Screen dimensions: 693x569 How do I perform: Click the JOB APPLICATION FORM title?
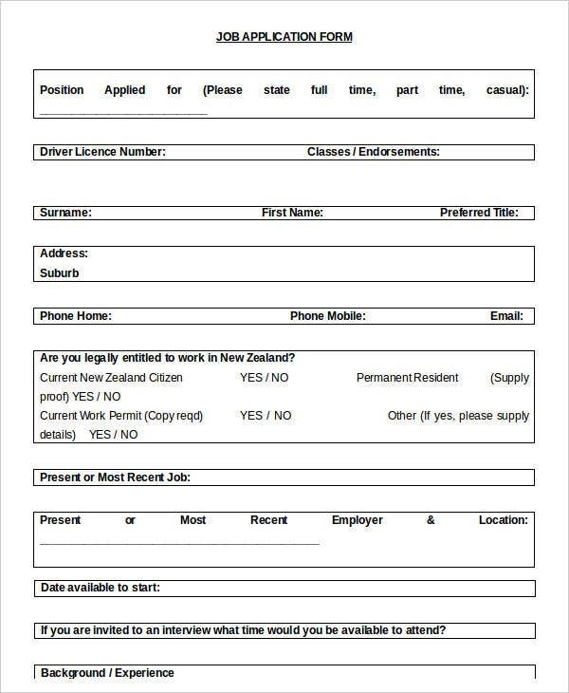click(284, 37)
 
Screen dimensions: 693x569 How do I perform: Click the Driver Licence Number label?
click(102, 152)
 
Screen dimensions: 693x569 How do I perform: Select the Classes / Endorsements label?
click(373, 152)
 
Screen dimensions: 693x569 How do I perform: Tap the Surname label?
click(65, 213)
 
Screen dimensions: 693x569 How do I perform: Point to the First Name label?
click(292, 213)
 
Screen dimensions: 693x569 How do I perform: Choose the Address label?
click(64, 253)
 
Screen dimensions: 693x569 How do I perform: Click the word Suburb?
click(60, 273)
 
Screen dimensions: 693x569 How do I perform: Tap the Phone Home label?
click(75, 316)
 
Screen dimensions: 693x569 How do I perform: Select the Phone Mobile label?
click(327, 316)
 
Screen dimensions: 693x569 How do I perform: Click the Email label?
click(506, 316)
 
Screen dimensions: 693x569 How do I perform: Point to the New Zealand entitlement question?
click(167, 358)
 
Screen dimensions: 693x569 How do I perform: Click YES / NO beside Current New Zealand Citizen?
click(265, 378)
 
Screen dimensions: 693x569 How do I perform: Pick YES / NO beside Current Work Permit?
click(266, 416)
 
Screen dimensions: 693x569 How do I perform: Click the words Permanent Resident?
click(407, 378)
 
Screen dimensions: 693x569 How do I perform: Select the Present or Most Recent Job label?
click(115, 478)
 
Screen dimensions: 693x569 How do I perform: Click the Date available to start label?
click(100, 588)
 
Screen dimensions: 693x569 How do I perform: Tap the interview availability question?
click(243, 630)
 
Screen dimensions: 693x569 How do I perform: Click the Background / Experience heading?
click(107, 673)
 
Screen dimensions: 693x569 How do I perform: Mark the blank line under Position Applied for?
click(123, 112)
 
